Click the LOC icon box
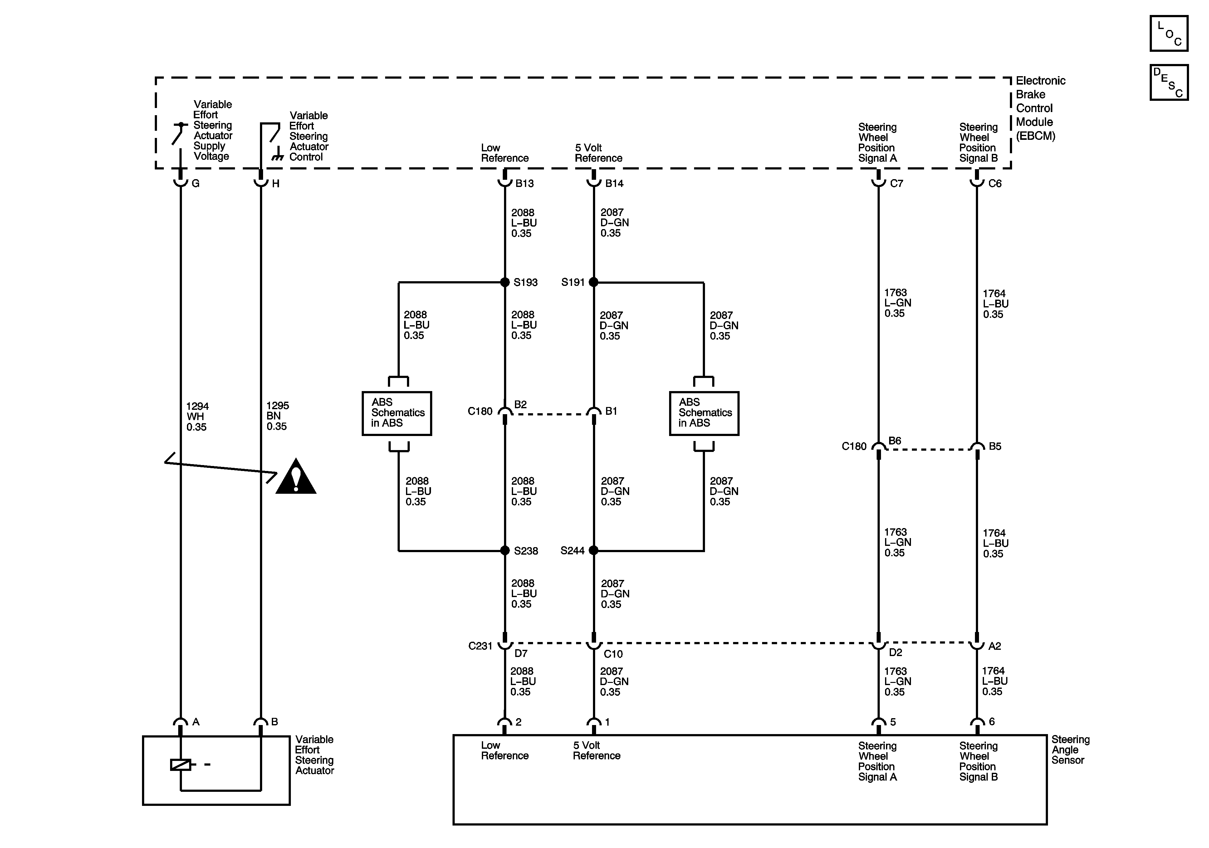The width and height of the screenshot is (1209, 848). [1168, 34]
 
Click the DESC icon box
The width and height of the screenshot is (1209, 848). [1168, 82]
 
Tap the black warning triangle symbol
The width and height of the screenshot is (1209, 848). [296, 477]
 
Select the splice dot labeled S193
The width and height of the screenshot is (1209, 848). [504, 282]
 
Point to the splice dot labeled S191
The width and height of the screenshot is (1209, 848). [594, 282]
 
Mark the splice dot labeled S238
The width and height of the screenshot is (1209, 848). [504, 551]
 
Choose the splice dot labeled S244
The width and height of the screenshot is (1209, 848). [594, 551]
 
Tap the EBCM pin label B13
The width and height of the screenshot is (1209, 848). [525, 183]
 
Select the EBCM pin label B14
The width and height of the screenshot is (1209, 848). [614, 183]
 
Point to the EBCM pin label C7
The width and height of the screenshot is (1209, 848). [896, 183]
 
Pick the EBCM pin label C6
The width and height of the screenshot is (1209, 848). [995, 183]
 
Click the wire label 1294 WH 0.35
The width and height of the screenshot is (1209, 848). [198, 417]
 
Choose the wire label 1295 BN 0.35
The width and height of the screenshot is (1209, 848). [277, 416]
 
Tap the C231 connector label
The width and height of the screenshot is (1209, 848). [480, 646]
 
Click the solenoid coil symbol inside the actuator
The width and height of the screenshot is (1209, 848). [181, 764]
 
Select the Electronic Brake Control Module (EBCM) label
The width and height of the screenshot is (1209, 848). [1040, 108]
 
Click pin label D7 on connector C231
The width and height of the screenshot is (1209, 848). [521, 654]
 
